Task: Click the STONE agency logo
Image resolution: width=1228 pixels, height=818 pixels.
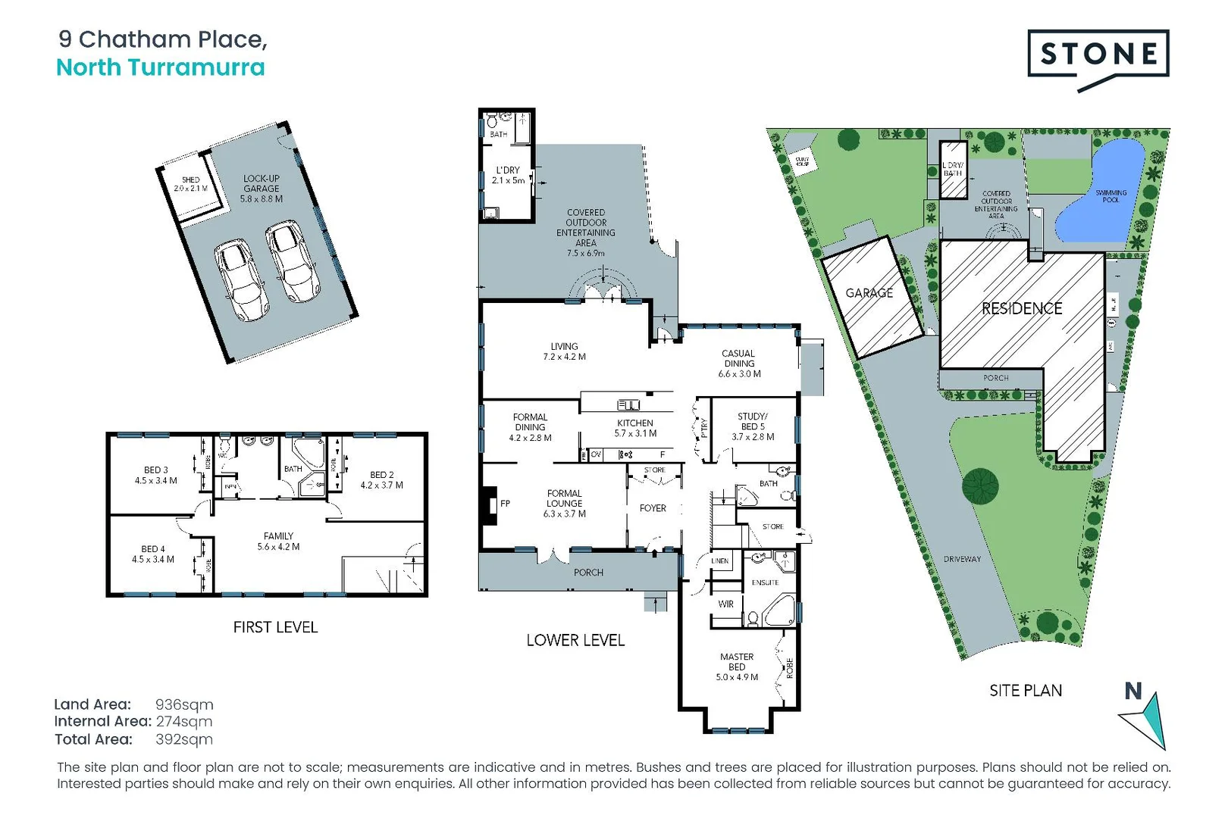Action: coord(1098,55)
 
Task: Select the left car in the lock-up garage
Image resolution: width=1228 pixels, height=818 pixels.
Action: coord(241,280)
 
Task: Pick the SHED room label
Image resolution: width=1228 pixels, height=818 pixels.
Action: coord(190,184)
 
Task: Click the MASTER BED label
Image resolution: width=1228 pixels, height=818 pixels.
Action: coord(737,667)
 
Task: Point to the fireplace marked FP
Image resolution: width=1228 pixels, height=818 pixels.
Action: coord(489,504)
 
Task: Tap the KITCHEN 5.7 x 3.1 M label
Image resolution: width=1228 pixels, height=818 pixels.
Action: coord(635,428)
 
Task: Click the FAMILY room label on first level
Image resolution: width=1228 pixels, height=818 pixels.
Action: coord(278,541)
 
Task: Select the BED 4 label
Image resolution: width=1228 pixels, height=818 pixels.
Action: coord(153,554)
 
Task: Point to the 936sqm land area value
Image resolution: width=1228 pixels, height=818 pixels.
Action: coord(184,704)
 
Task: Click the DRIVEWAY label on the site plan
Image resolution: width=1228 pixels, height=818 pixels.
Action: coord(962,559)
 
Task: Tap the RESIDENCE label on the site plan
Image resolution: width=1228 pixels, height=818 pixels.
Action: coord(1021,308)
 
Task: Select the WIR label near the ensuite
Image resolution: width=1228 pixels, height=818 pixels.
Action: coord(725,604)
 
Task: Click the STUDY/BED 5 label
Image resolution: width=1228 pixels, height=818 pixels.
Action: coord(753,426)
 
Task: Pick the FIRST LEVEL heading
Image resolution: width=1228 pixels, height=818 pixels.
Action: coord(275,627)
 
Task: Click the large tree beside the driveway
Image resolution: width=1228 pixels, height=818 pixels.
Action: coord(980,485)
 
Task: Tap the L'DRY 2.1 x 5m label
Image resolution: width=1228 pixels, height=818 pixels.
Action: coord(508,175)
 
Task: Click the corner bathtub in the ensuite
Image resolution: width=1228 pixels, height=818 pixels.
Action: coord(779,611)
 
